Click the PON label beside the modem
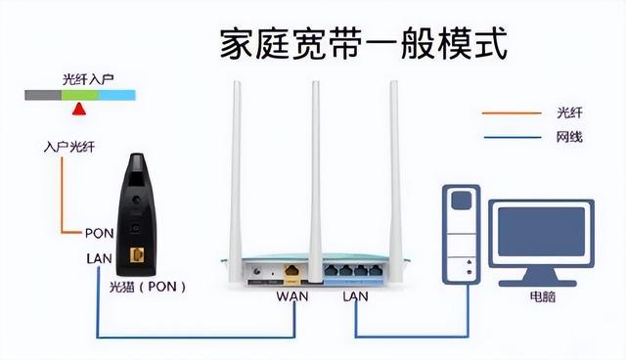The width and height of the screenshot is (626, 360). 99,234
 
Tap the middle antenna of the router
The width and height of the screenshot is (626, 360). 314,166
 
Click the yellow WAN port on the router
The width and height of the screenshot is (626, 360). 291,269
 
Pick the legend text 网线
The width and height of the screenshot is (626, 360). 568,137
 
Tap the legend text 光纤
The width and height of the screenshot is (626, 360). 568,112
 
